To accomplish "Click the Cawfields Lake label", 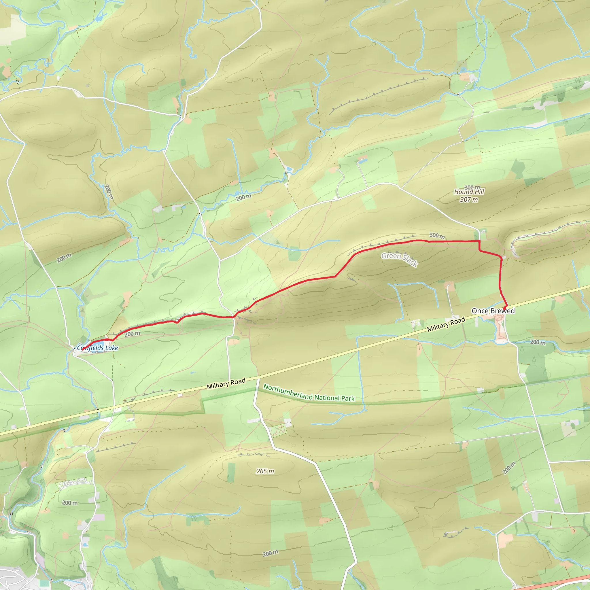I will point(97,348).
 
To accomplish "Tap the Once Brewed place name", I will point(493,311).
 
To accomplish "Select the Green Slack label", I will point(400,259).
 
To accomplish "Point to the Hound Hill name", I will point(469,192).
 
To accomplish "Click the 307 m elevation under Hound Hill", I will point(469,200).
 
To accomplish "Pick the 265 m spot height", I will point(265,471).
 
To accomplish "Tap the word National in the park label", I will point(327,397).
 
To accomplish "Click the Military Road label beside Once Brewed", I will point(446,324).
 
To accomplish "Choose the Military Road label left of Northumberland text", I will point(226,383).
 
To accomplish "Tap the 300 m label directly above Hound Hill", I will point(472,187).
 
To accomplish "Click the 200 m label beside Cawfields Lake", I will point(132,334).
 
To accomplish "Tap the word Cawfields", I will point(90,348).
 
